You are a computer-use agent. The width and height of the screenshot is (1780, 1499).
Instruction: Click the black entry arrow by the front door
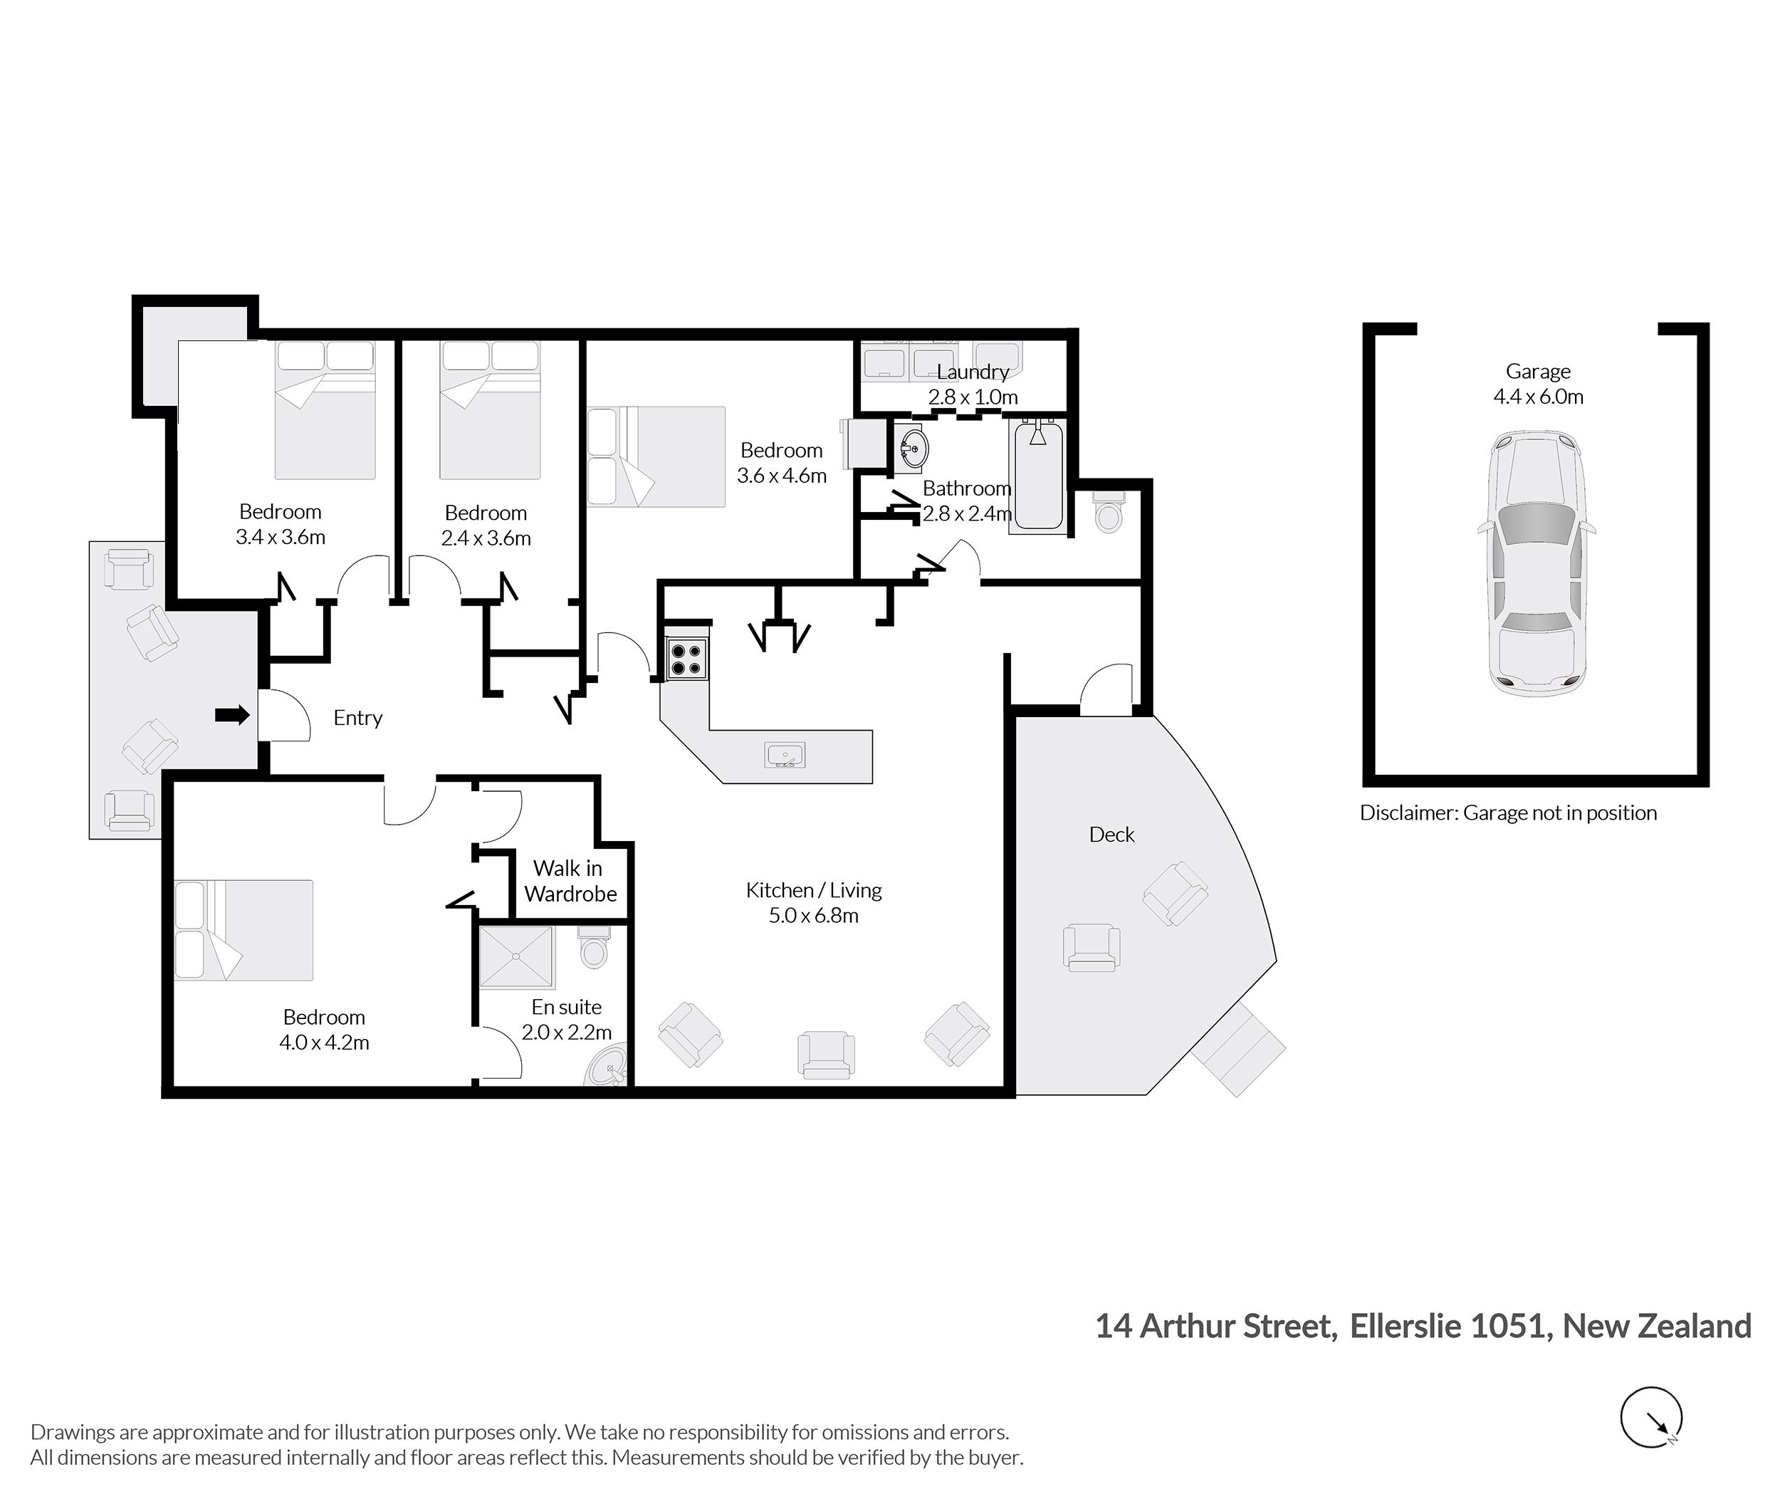pyautogui.click(x=232, y=716)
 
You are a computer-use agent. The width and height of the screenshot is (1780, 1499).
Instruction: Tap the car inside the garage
pyautogui.click(x=1537, y=563)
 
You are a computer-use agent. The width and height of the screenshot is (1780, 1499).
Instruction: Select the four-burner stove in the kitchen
pyautogui.click(x=686, y=659)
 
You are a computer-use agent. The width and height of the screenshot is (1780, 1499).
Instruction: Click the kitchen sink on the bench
pyautogui.click(x=784, y=755)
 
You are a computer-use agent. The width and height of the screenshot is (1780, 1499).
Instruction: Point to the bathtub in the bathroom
pyautogui.click(x=1037, y=476)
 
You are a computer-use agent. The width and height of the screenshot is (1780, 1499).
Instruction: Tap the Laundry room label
pyautogui.click(x=973, y=372)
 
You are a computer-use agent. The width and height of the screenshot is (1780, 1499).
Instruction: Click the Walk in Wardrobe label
pyautogui.click(x=570, y=881)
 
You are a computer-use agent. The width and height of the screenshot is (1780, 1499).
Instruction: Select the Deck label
pyautogui.click(x=1111, y=835)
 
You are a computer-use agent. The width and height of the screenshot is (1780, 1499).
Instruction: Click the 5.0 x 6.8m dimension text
pyautogui.click(x=814, y=915)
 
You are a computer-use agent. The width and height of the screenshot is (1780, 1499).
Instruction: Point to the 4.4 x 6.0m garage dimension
pyautogui.click(x=1538, y=397)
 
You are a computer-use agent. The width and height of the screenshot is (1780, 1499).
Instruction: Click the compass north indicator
pyautogui.click(x=1651, y=1417)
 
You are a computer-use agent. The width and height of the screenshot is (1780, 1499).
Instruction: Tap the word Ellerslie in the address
pyautogui.click(x=1405, y=1327)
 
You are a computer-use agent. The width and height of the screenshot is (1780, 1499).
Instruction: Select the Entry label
pyautogui.click(x=357, y=718)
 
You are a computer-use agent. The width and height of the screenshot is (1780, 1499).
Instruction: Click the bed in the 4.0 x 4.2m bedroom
pyautogui.click(x=244, y=931)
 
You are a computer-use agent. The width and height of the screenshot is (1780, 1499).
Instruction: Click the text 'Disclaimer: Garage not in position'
pyautogui.click(x=1508, y=813)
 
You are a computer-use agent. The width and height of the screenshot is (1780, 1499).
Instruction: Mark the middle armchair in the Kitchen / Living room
pyautogui.click(x=826, y=1055)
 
